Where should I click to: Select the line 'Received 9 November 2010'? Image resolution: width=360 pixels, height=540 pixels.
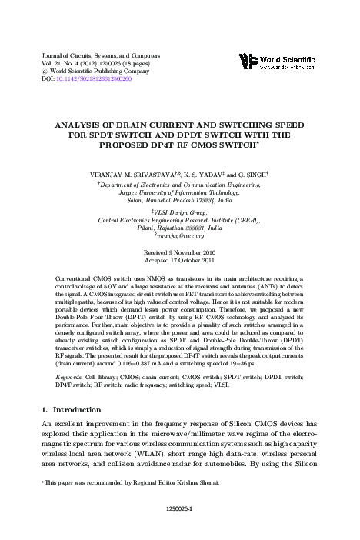tap(180, 252)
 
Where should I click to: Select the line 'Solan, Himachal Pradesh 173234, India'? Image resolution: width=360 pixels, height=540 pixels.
tap(180, 198)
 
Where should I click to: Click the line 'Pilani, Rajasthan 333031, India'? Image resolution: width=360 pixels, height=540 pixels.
tap(180, 228)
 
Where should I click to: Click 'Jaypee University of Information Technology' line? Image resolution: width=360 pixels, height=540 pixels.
tap(180, 191)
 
